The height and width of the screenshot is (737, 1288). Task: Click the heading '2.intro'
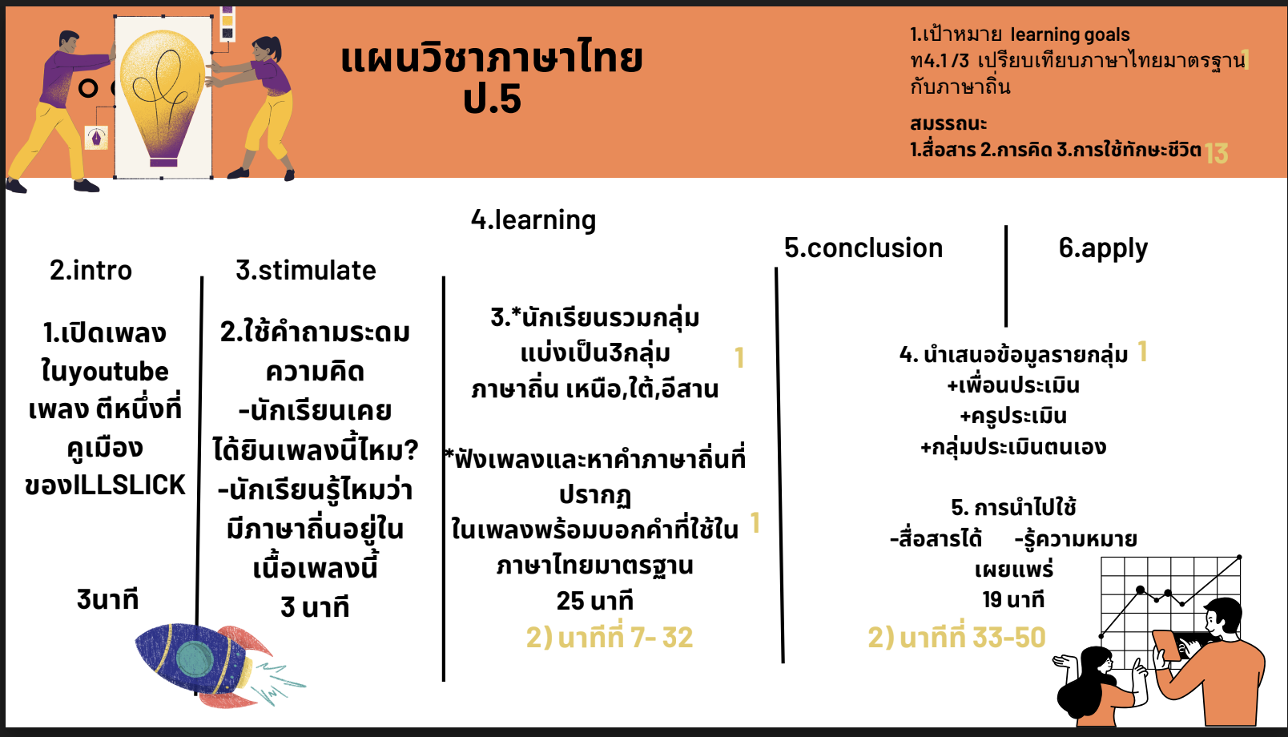(x=91, y=270)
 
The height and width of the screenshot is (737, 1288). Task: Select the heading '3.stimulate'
(x=306, y=270)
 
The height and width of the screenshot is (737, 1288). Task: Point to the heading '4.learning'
(x=533, y=220)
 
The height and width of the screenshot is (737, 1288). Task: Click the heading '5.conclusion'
(x=863, y=248)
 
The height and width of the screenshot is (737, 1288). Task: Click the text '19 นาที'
(x=1013, y=599)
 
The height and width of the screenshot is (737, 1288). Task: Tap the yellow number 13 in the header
(x=1216, y=154)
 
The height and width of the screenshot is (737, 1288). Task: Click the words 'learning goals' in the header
(x=1070, y=35)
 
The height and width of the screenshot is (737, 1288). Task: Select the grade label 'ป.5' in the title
(x=492, y=99)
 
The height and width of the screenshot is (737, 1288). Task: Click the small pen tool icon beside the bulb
(x=96, y=138)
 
